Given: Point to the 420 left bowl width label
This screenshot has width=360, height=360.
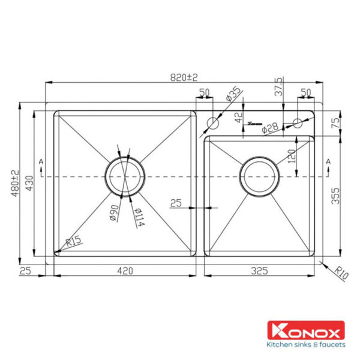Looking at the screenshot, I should [124, 271].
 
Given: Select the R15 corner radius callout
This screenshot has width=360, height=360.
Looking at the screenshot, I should [74, 242].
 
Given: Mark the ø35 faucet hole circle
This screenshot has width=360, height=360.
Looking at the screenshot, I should [212, 124].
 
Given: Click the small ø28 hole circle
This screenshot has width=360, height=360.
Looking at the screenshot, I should [297, 124].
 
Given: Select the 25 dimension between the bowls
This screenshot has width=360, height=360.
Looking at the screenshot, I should [175, 203].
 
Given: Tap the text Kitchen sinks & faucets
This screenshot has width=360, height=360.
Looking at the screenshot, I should [305, 344].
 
